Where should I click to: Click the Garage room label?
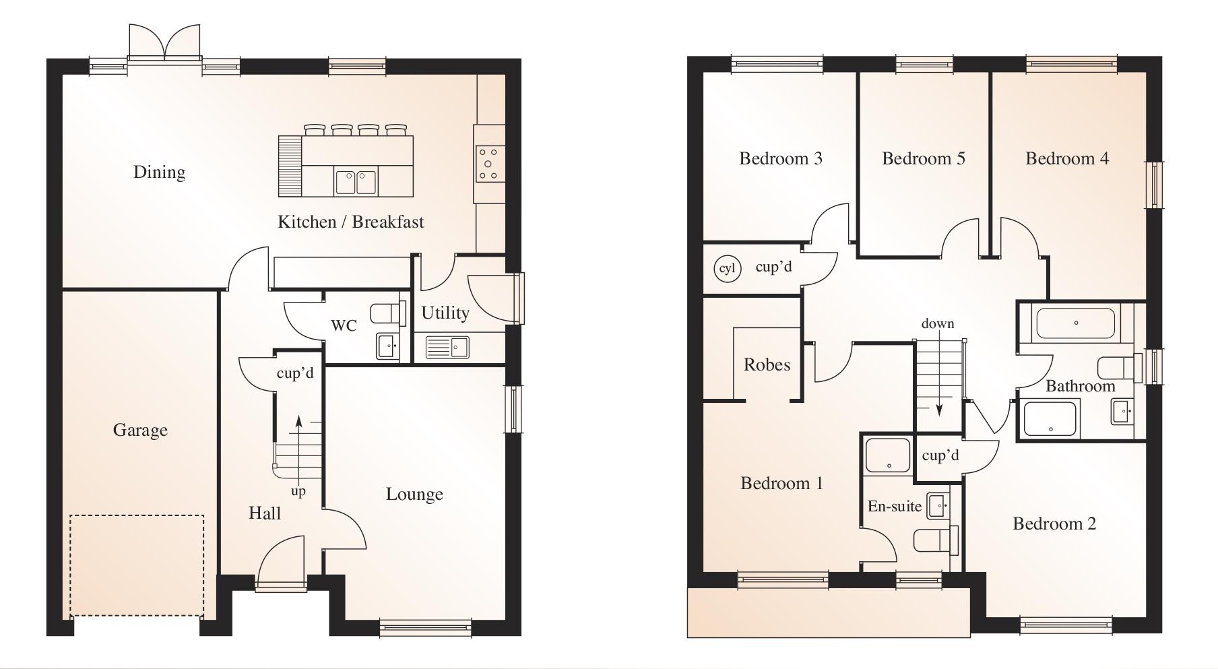[140, 430]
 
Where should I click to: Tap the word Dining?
[159, 172]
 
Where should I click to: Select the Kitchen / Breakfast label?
[350, 222]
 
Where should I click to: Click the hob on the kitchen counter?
[488, 163]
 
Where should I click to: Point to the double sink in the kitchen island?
[356, 182]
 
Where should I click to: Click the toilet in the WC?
[387, 313]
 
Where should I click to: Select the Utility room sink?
[447, 348]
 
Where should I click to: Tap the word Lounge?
[414, 494]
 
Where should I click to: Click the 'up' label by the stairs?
[298, 491]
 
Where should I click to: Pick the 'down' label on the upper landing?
[938, 323]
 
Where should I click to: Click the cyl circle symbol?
[727, 269]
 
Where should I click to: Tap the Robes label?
[767, 364]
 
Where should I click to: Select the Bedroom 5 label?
[923, 158]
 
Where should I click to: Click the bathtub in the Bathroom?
[1075, 323]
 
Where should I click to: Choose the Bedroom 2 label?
[1054, 523]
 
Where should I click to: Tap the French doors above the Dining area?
[164, 42]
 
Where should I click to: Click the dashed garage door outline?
[137, 565]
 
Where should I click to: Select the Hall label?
[265, 513]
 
